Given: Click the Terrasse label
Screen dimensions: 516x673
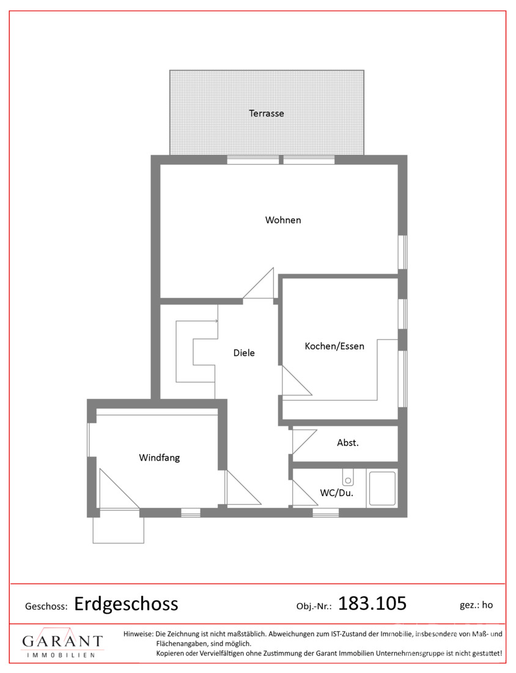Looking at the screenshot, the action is (267, 113).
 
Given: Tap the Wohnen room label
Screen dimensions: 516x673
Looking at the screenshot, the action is (283, 220).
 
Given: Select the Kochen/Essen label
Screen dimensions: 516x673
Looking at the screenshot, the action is (334, 346).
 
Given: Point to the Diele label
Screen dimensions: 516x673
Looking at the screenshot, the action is (244, 353).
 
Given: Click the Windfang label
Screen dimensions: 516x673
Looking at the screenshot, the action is (159, 458).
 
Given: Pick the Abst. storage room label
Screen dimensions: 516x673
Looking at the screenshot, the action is (348, 442).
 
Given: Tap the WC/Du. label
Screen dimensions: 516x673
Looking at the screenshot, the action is (337, 493).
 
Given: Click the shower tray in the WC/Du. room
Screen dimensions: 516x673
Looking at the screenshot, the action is (382, 488).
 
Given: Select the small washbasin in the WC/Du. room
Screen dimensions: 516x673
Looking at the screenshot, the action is (348, 477).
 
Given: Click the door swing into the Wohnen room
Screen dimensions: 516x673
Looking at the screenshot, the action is (259, 283).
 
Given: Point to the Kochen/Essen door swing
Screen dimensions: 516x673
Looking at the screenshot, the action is (297, 381).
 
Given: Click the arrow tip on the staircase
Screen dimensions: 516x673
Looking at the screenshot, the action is (218, 321).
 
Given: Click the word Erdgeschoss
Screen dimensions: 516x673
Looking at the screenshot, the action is (126, 604).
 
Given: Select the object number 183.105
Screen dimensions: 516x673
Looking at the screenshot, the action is (372, 603).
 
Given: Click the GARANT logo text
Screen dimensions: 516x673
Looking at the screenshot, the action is (62, 641).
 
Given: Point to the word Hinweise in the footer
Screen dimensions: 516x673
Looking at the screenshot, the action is (138, 634).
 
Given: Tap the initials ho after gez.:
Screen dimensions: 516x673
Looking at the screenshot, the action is (487, 604).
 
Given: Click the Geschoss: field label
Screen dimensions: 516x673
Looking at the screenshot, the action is (46, 606).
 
